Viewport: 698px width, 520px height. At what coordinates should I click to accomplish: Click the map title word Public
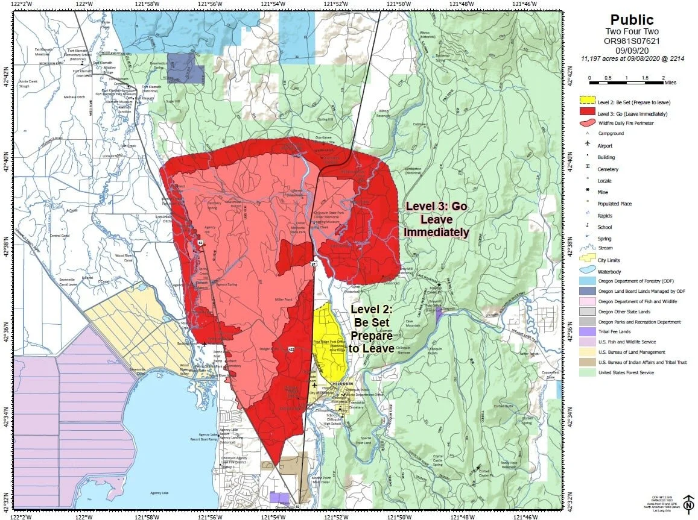pyautogui.click(x=632, y=20)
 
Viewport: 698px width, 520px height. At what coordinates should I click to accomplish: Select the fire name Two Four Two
pyautogui.click(x=632, y=32)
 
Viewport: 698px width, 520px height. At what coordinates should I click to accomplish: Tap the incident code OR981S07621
pyautogui.click(x=632, y=41)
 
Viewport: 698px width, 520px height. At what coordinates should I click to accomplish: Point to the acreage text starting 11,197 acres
pyautogui.click(x=632, y=58)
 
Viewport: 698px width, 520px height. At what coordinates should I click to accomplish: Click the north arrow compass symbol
pyautogui.click(x=688, y=501)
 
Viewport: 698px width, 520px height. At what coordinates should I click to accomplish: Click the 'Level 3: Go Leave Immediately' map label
pyautogui.click(x=436, y=219)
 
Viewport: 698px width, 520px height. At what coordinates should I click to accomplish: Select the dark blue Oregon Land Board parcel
pyautogui.click(x=185, y=69)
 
